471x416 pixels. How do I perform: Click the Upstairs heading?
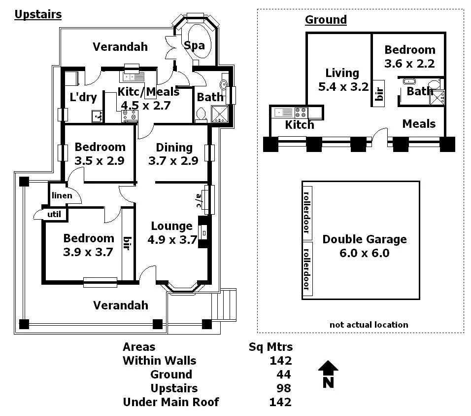tap(38, 14)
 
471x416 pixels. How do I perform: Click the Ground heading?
tap(326, 20)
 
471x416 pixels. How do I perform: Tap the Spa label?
tap(194, 45)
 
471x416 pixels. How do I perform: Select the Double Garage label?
tap(365, 239)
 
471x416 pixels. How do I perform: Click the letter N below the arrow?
tap(329, 382)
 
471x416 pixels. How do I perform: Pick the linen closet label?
tap(62, 195)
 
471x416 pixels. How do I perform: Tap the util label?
tap(54, 214)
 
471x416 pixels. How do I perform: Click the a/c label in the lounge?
tap(199, 200)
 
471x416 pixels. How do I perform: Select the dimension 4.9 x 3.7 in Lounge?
tap(172, 240)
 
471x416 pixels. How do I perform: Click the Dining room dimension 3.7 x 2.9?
tap(173, 160)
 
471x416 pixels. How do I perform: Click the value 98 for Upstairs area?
tap(284, 388)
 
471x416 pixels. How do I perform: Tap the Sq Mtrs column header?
tap(270, 347)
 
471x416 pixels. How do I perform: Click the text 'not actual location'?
tap(369, 325)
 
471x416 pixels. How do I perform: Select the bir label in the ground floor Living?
tap(379, 94)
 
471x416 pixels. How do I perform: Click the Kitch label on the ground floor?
tap(300, 125)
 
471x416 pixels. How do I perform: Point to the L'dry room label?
tap(83, 97)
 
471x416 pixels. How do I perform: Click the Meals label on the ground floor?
tap(419, 123)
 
